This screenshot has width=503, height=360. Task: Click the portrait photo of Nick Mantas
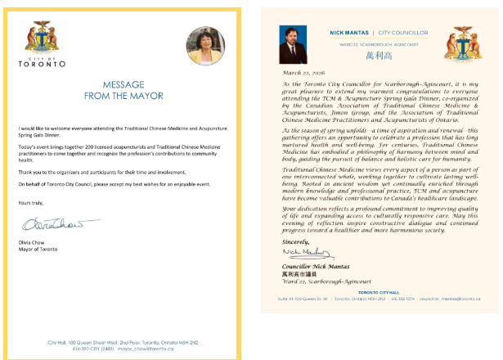point(293,44)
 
